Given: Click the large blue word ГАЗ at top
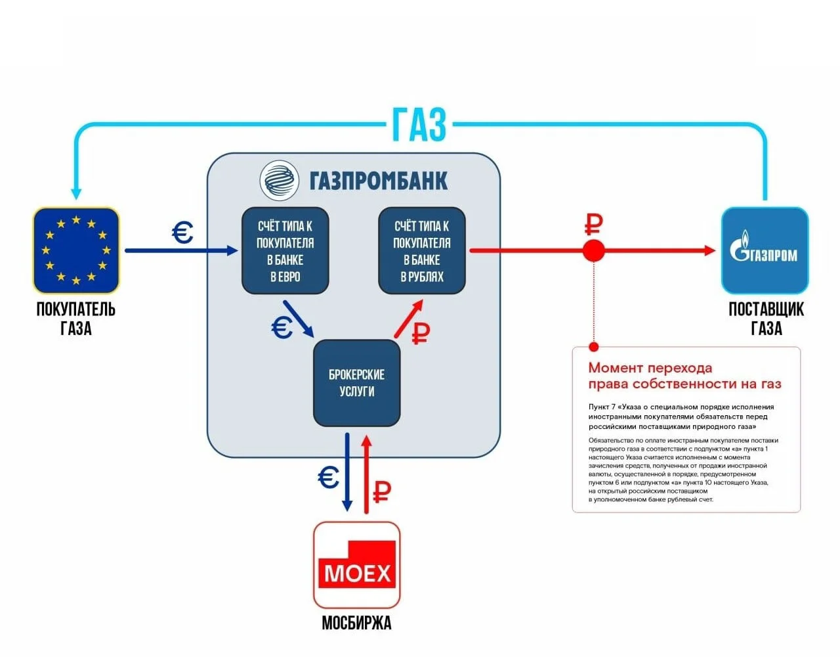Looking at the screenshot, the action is [419, 125].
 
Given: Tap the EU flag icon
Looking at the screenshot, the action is [76, 250].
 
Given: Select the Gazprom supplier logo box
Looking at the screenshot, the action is [765, 250].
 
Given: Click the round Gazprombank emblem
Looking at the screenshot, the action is [279, 181].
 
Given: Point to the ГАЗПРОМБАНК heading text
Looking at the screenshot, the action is [379, 181].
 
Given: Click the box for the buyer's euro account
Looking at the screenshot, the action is [285, 250].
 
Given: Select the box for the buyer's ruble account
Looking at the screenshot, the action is [422, 250].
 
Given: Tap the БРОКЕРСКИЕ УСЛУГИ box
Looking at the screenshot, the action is [356, 383].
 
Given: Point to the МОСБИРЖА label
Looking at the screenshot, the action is [356, 623].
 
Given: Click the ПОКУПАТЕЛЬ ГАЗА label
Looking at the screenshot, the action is [76, 319].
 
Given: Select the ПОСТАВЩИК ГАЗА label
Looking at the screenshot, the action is [766, 319].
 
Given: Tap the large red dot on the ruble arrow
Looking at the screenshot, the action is [593, 250].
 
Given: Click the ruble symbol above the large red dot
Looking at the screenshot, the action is [593, 225].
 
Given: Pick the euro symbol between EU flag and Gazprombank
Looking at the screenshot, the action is [182, 233].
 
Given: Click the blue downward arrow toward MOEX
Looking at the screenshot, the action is [346, 472].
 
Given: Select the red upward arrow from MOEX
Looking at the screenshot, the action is [366, 474].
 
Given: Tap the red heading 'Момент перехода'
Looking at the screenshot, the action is [650, 367].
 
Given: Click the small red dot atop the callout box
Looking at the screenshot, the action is [594, 347].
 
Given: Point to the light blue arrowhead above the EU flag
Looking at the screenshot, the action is [76, 193].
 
